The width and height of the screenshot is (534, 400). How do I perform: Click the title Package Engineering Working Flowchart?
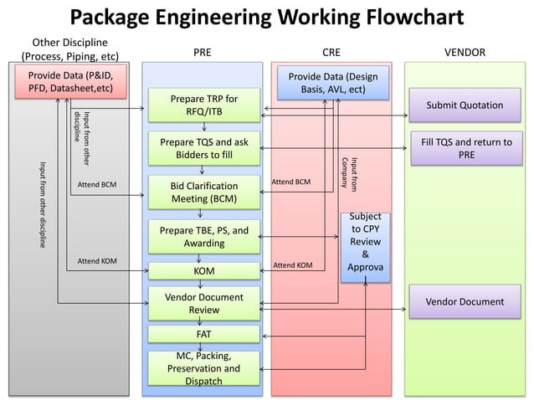(266, 18)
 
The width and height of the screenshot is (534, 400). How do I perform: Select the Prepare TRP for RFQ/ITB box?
(204, 105)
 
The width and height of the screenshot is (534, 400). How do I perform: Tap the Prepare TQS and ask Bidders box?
(204, 148)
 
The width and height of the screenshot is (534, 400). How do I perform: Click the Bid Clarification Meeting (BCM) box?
(204, 192)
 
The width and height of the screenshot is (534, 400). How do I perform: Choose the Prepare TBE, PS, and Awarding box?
(204, 236)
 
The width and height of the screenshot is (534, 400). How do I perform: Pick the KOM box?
(204, 271)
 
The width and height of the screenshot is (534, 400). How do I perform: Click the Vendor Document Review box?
(204, 303)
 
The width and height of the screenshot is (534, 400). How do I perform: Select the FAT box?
(204, 334)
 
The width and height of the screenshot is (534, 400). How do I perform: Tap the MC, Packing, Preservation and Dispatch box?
(204, 368)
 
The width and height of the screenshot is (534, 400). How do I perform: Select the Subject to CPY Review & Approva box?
(365, 246)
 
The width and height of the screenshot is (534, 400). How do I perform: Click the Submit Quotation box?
(465, 105)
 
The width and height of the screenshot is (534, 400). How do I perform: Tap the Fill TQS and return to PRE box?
(465, 148)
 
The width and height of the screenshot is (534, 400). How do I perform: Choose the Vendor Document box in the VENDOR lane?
(465, 301)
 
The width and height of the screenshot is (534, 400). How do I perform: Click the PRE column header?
(203, 52)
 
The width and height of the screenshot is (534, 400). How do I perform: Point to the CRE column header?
(331, 52)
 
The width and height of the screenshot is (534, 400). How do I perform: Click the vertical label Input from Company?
(348, 172)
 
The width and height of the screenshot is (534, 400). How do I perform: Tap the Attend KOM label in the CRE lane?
(293, 265)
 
